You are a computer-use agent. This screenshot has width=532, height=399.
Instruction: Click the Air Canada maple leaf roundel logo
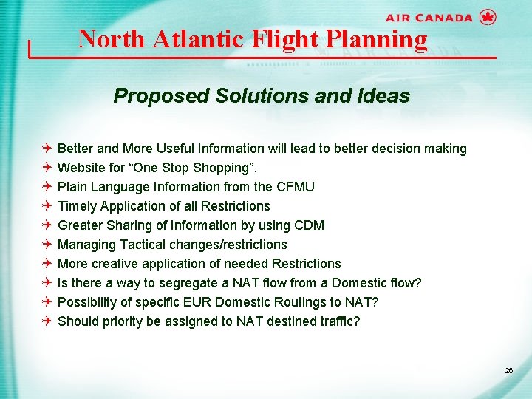[x=487, y=18]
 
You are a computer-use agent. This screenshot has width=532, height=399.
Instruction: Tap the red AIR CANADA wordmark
[x=429, y=18]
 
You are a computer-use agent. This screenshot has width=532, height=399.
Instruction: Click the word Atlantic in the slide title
[x=197, y=38]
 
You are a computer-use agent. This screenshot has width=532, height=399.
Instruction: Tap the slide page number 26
[x=508, y=370]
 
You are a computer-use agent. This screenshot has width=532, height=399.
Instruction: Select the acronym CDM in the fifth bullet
[x=308, y=225]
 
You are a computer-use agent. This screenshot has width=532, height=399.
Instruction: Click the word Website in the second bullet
[x=81, y=168]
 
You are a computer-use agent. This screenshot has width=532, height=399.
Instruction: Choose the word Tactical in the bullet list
[x=143, y=245]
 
